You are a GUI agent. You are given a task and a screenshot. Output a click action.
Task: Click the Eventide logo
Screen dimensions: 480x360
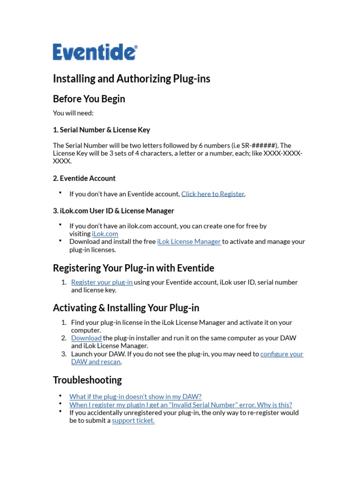coord(95,52)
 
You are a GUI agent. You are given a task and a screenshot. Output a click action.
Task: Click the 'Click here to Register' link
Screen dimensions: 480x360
coord(213,194)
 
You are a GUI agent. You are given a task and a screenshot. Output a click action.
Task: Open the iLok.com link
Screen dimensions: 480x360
coord(105,233)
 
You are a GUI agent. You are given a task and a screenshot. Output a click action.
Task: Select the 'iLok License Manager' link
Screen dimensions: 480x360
coord(189,241)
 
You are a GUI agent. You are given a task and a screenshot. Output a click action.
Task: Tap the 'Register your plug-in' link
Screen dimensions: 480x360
coord(102,282)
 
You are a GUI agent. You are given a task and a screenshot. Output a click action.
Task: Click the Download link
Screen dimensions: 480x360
coord(86,338)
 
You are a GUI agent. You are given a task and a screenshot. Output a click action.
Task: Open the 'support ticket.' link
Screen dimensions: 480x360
coord(133,420)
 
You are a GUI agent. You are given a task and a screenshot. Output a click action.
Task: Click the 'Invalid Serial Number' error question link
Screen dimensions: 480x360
coord(180,405)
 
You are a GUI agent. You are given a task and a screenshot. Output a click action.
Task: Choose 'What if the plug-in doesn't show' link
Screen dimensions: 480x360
coord(135,397)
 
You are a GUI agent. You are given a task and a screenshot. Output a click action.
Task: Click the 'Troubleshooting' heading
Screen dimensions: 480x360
coord(87,380)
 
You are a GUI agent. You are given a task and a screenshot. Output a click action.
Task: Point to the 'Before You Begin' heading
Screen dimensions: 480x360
coord(89,99)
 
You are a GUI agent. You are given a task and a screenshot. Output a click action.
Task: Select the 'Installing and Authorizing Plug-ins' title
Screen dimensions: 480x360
coord(132,78)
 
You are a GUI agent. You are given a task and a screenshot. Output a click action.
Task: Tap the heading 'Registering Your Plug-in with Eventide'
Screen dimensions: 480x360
coord(134,268)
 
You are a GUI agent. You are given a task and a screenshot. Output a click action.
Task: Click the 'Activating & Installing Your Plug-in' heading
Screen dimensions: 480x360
coord(126,308)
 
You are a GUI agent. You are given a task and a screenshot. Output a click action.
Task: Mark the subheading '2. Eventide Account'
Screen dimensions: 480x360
coord(84,178)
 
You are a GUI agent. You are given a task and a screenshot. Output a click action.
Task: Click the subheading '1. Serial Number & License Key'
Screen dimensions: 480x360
coord(101,129)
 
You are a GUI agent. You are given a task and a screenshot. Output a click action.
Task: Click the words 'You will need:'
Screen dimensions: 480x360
coord(73,113)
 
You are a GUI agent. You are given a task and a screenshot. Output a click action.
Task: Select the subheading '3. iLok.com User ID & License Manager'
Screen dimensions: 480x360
coord(113,210)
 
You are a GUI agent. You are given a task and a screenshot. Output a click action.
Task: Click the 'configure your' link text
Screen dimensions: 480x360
coord(282,354)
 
